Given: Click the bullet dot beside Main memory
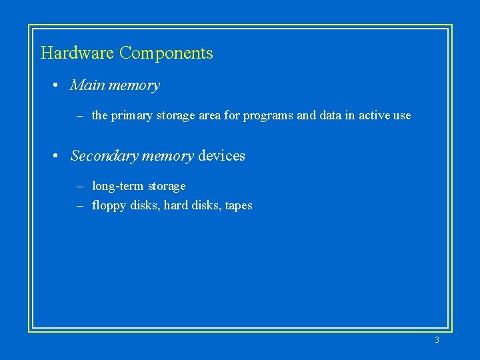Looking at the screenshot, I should pyautogui.click(x=59, y=86).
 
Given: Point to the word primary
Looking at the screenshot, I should pyautogui.click(x=131, y=116).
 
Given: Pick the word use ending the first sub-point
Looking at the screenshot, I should pyautogui.click(x=402, y=116).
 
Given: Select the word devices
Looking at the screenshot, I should pyautogui.click(x=221, y=156).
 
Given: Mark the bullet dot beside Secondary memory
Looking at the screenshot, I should pyautogui.click(x=59, y=157).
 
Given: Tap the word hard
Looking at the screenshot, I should pyautogui.click(x=176, y=205).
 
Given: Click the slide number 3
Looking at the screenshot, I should pyautogui.click(x=437, y=340).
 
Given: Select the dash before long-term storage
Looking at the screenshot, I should pyautogui.click(x=79, y=187).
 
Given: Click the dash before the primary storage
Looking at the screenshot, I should pyautogui.click(x=79, y=116).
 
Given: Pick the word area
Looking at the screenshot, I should pyautogui.click(x=209, y=116).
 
